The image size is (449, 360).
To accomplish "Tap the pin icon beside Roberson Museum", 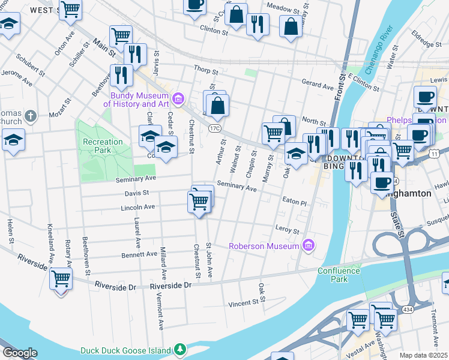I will pyautogui.click(x=309, y=245).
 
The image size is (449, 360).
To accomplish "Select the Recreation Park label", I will pyautogui.click(x=103, y=146).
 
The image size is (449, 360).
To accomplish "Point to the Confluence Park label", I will pyautogui.click(x=339, y=275).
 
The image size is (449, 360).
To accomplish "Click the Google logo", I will pyautogui.click(x=20, y=353).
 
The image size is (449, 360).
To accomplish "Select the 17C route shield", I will pyautogui.click(x=215, y=128).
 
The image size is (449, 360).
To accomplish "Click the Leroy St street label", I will pyautogui.click(x=287, y=230).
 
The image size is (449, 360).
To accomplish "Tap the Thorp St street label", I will pyautogui.click(x=205, y=70).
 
